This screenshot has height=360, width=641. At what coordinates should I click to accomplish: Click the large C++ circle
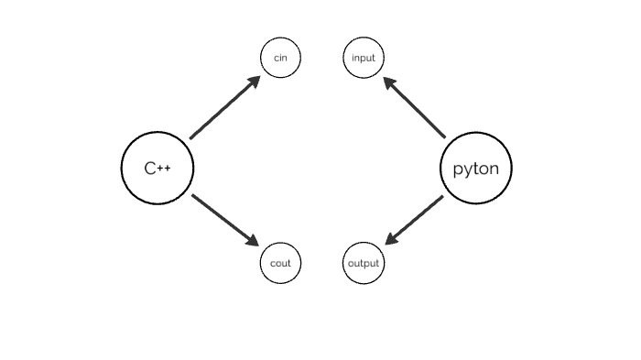point(158,168)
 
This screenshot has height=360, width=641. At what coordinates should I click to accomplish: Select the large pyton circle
point(476,168)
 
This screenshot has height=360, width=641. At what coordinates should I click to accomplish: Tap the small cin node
point(281,59)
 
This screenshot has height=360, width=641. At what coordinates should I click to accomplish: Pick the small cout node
point(281,264)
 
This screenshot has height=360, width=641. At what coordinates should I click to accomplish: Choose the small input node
point(364,59)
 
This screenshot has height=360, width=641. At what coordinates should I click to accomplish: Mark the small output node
point(364,264)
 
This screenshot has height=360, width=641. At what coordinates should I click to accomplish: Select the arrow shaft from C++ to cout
point(221,217)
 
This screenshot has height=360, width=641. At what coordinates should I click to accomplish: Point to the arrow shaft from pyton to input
point(418,110)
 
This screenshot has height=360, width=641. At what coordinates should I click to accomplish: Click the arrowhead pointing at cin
point(254,82)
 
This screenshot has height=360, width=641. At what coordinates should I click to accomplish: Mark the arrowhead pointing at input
point(389,82)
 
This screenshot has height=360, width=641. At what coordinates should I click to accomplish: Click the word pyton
point(476,169)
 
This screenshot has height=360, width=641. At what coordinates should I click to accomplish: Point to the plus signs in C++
point(165,168)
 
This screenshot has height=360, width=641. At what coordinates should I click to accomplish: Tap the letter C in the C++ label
point(150,168)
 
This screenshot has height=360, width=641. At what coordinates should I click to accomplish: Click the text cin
point(281,59)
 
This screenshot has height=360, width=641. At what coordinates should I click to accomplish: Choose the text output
point(364,264)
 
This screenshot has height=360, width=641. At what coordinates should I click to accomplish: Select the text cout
point(281,264)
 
